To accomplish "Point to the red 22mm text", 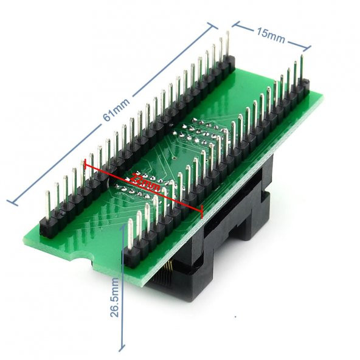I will (143, 182).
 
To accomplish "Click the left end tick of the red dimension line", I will (85, 162).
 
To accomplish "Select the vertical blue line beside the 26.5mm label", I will (123, 286).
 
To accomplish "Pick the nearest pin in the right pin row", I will (130, 240).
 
